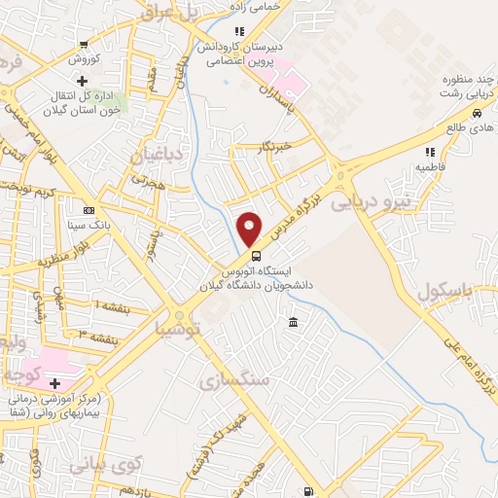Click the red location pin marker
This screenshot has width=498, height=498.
pos(250,229)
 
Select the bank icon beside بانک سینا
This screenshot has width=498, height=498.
pos(89,210)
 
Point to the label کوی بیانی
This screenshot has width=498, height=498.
pos(105,464)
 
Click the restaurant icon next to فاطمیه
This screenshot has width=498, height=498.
pos(429,152)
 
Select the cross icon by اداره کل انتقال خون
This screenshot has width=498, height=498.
pos(83,81)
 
